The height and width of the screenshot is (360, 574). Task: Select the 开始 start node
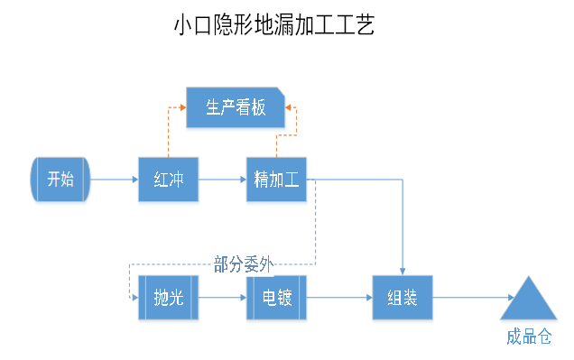[x=60, y=179]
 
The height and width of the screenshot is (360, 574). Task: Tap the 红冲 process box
[x=168, y=179]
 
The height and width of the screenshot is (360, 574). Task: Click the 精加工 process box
[x=276, y=179]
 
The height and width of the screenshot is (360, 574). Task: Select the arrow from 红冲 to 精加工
[x=222, y=179]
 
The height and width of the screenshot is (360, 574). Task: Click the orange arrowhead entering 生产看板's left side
[x=181, y=107]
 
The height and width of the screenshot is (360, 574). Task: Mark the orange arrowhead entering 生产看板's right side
[x=288, y=107]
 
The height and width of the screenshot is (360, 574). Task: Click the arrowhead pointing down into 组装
[x=403, y=271]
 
